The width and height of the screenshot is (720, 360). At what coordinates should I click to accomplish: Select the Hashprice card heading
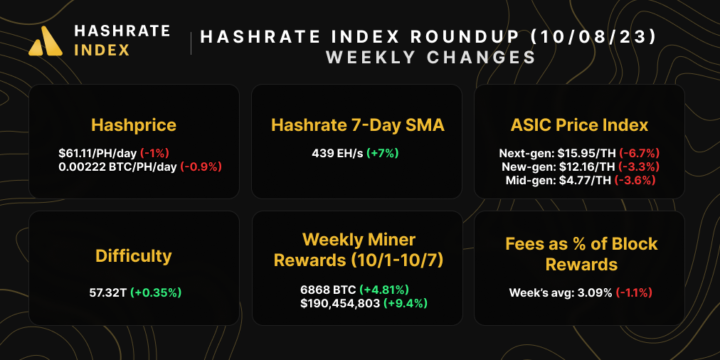click(134, 126)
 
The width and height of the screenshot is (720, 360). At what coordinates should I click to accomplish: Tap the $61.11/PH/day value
click(97, 153)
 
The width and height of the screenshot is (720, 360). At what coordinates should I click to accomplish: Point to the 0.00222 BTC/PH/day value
click(117, 166)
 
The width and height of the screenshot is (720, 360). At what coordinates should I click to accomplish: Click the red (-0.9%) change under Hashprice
click(201, 166)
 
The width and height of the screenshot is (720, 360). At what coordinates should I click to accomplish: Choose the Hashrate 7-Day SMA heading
click(357, 126)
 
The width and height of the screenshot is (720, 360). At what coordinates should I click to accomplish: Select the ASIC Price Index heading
click(579, 125)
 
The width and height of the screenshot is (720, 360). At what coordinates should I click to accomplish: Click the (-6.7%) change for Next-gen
click(639, 153)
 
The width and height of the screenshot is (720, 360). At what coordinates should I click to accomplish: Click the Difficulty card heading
click(134, 255)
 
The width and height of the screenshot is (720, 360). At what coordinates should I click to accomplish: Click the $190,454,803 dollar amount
click(340, 303)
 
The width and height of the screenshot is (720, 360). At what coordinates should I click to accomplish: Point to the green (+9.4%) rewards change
click(406, 303)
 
